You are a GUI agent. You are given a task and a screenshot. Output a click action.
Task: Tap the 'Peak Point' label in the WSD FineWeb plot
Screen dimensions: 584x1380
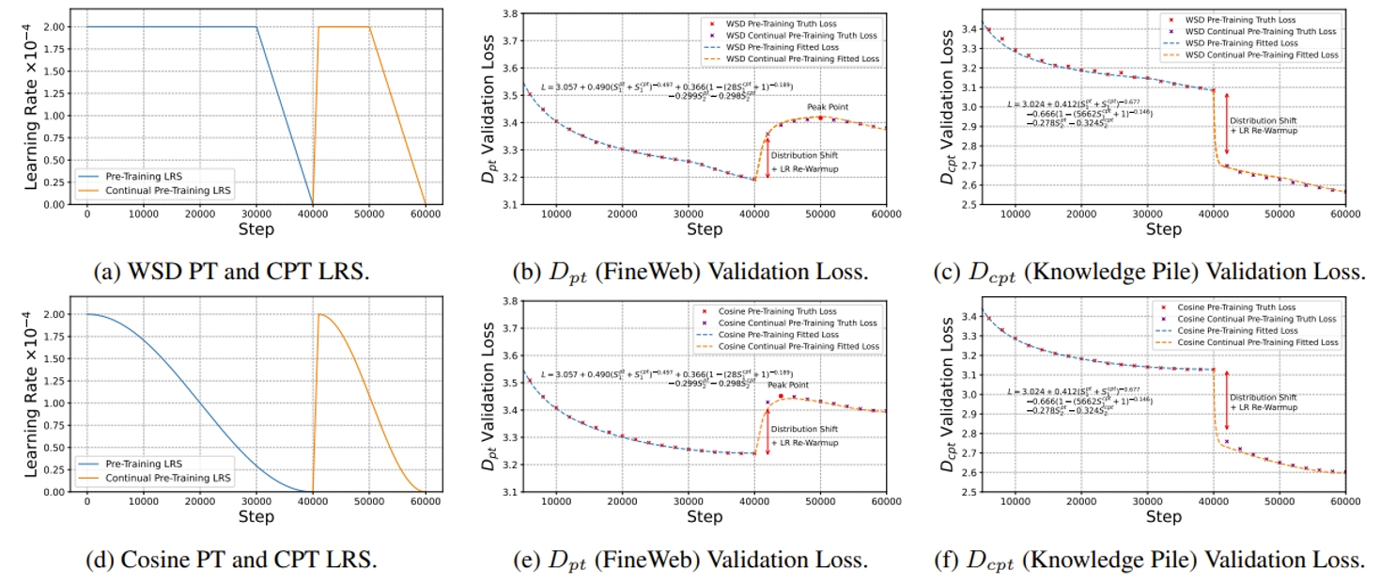pos(827,107)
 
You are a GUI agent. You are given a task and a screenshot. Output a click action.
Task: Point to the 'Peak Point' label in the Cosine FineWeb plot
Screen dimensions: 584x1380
pos(787,385)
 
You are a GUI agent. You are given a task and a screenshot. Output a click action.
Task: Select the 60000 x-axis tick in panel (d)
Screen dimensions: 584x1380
pos(425,502)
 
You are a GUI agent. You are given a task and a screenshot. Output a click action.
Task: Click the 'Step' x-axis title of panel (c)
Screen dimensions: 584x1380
pos(1164,229)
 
